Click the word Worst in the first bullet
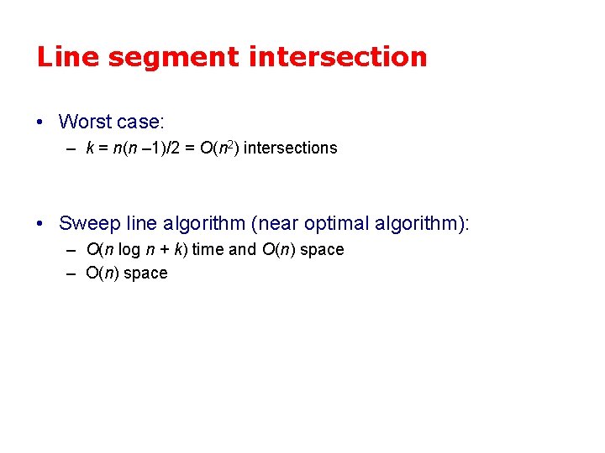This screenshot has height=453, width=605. tap(86, 122)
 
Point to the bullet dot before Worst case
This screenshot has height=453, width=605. tap(41, 122)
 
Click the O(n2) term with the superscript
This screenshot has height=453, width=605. tap(219, 148)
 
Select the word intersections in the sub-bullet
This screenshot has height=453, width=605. tap(290, 148)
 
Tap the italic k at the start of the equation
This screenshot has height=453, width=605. tap(90, 148)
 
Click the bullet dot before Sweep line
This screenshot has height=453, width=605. tap(41, 224)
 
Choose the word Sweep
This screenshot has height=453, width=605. tap(87, 223)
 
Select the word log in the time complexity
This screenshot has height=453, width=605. tap(129, 249)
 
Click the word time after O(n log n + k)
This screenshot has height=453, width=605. tap(208, 249)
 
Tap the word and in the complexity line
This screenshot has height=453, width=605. tap(242, 249)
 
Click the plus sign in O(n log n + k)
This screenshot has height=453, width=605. tap(166, 249)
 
